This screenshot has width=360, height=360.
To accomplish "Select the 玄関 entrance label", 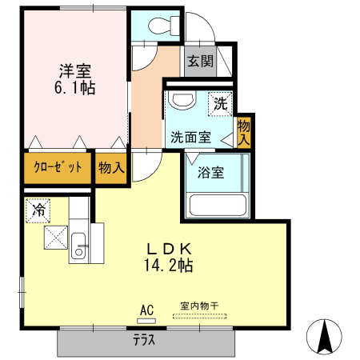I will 199,62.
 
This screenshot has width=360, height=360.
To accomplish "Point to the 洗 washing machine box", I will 220,103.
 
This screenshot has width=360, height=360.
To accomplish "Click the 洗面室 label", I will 190,136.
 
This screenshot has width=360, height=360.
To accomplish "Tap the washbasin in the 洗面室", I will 182,102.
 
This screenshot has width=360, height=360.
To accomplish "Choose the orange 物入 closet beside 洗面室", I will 245,131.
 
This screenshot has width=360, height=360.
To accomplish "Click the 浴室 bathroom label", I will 211,171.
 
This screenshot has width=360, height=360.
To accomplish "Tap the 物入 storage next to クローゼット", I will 111,167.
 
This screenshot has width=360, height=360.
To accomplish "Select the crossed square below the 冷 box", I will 57,238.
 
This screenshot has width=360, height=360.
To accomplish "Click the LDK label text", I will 168,247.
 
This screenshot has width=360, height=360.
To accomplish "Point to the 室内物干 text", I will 199,306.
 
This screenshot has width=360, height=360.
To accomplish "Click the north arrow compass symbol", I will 326,334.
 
